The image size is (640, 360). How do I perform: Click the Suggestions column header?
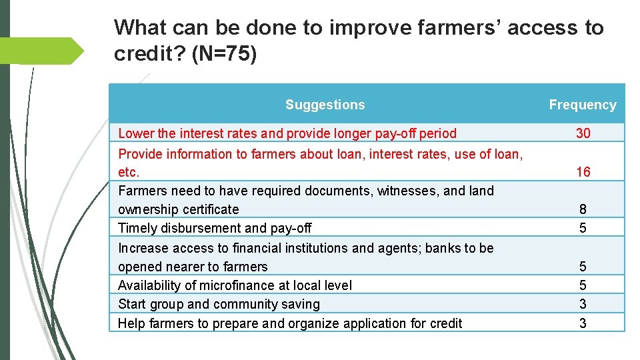(x=325, y=105)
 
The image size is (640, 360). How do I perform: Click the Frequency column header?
(x=582, y=105)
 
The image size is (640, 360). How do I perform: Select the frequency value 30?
(x=583, y=133)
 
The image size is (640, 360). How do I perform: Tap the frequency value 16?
(x=583, y=172)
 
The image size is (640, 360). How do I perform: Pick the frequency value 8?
(x=583, y=209)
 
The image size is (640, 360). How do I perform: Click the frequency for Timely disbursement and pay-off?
(x=583, y=228)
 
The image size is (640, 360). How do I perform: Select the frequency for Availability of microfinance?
(x=583, y=285)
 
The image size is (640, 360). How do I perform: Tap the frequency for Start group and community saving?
(x=583, y=304)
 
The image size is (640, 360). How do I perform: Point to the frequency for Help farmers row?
(x=583, y=323)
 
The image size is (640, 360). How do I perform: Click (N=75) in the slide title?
(x=223, y=54)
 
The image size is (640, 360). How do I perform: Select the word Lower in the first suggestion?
(x=135, y=133)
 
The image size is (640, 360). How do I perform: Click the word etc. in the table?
(x=129, y=173)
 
